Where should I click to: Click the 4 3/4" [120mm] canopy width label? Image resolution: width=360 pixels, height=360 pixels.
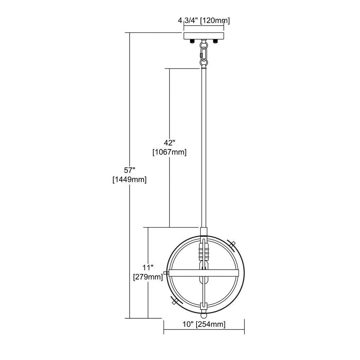point(204,21)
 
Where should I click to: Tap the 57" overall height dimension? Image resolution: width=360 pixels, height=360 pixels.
point(130,170)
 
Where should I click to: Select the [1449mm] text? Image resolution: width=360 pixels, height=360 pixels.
point(130,180)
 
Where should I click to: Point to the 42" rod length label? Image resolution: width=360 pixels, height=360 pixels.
point(170,143)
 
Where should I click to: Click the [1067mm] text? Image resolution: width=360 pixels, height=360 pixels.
point(170,152)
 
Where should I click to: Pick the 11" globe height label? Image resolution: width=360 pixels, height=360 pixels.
point(148,268)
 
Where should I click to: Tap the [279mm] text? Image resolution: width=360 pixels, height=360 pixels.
point(148,277)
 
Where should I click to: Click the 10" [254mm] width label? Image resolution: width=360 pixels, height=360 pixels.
point(204,324)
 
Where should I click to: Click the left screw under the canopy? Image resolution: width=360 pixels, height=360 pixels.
point(192,41)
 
